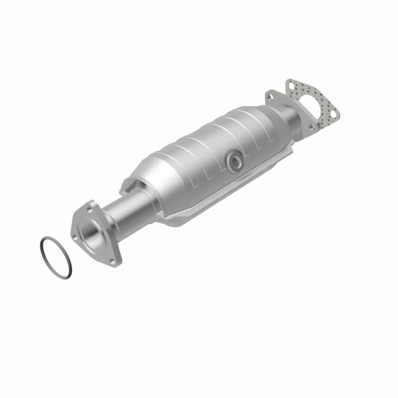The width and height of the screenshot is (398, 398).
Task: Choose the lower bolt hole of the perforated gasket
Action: pyautogui.click(x=334, y=114)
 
